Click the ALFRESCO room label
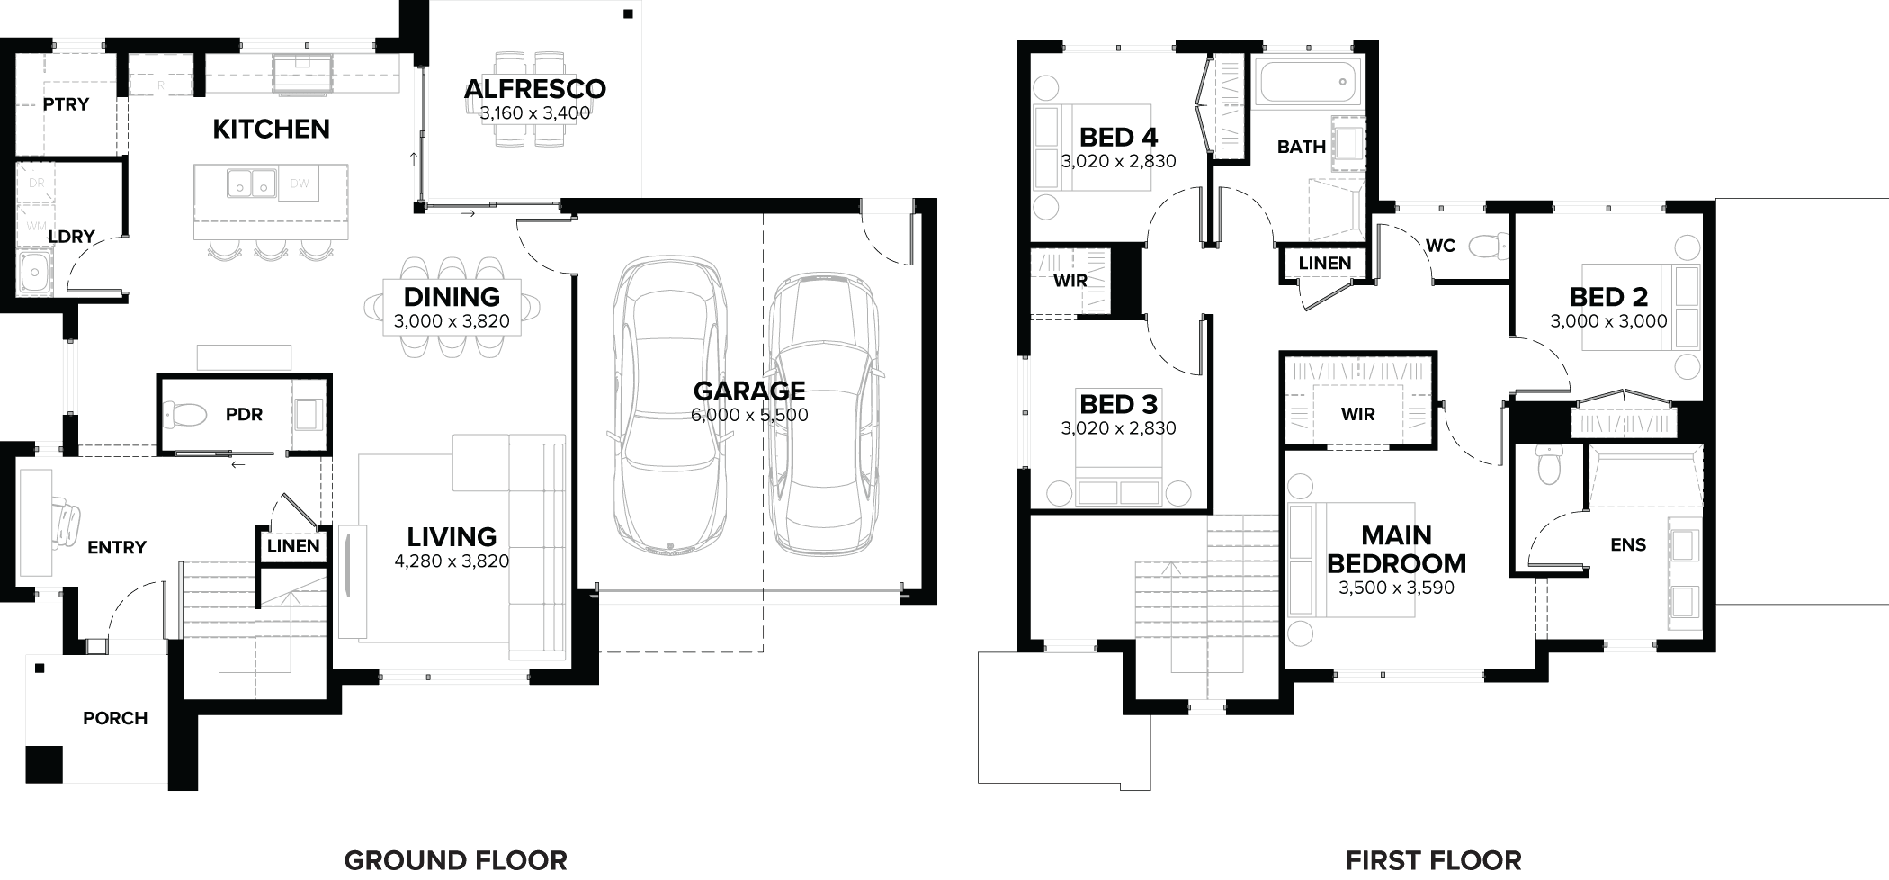click(x=534, y=89)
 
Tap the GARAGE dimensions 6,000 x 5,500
click(x=749, y=415)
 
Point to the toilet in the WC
click(x=1489, y=245)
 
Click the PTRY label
click(x=66, y=104)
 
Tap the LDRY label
click(x=71, y=237)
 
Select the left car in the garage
click(x=670, y=405)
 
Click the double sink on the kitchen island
click(x=251, y=184)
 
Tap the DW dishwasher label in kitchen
click(x=300, y=184)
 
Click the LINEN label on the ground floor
click(x=293, y=546)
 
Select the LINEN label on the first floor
click(x=1324, y=263)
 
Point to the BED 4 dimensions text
click(x=1118, y=161)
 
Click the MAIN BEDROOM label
click(x=1396, y=549)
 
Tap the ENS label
click(x=1628, y=544)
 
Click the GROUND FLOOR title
click(x=455, y=860)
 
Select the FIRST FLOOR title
click(x=1433, y=860)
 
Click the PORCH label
click(x=115, y=718)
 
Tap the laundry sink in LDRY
click(x=35, y=272)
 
